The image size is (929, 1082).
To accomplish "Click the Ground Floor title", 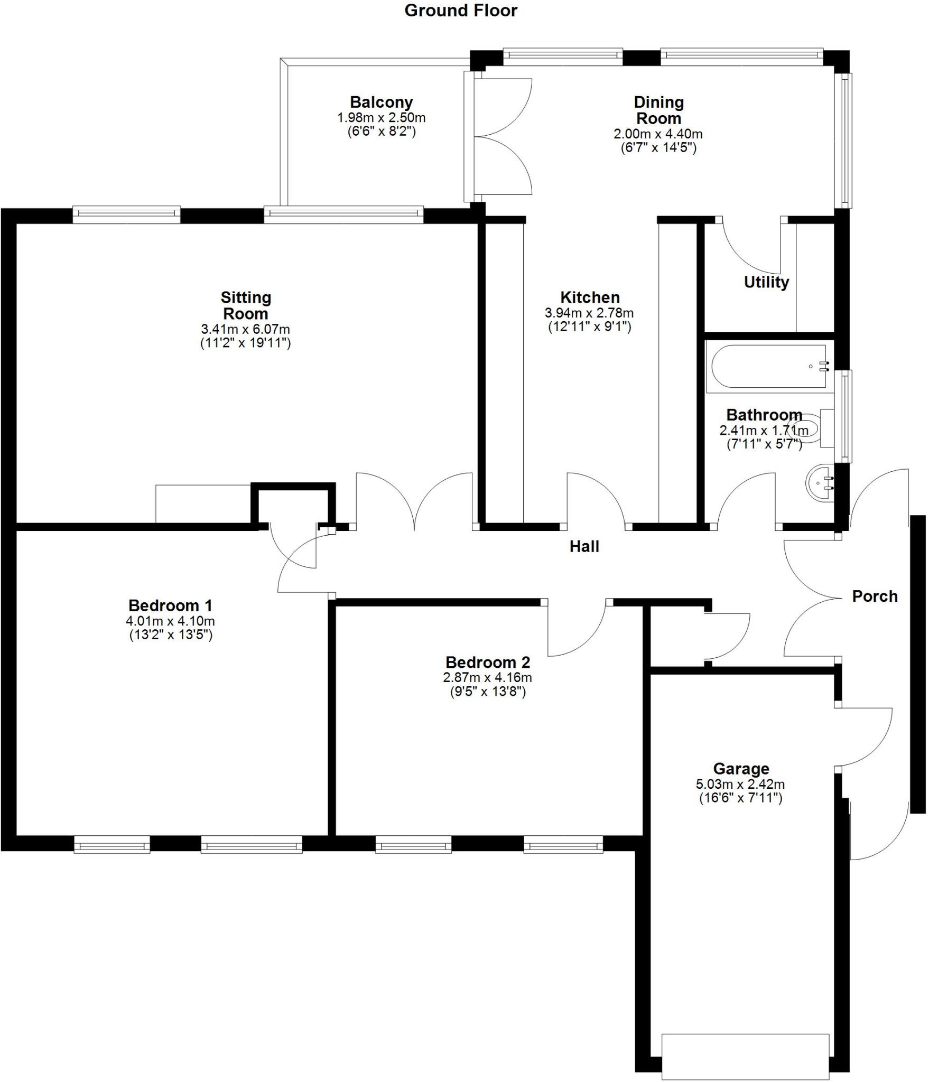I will coord(461,11).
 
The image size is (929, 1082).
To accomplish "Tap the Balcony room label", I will coord(381,102).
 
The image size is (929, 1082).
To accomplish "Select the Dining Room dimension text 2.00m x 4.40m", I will coord(658,134).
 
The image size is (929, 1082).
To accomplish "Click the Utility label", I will coord(766,282).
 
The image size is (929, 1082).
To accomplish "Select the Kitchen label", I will coord(590,297).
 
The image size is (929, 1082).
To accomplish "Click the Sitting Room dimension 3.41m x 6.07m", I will coord(245,329).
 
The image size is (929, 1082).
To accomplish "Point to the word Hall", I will coord(584,547).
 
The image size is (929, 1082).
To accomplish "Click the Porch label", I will coord(875,596).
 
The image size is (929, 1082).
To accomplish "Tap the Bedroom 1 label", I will coord(170,605).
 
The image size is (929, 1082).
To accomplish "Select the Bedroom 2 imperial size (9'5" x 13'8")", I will coord(487,692).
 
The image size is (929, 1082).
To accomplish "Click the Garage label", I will coord(741,769).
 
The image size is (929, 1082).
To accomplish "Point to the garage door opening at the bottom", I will coord(745,1057).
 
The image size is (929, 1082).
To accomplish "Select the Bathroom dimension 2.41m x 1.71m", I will coord(764,431).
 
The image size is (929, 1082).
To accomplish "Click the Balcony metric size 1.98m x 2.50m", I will coord(381,118).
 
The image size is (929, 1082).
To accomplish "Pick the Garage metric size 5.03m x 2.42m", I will coord(740,785).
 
